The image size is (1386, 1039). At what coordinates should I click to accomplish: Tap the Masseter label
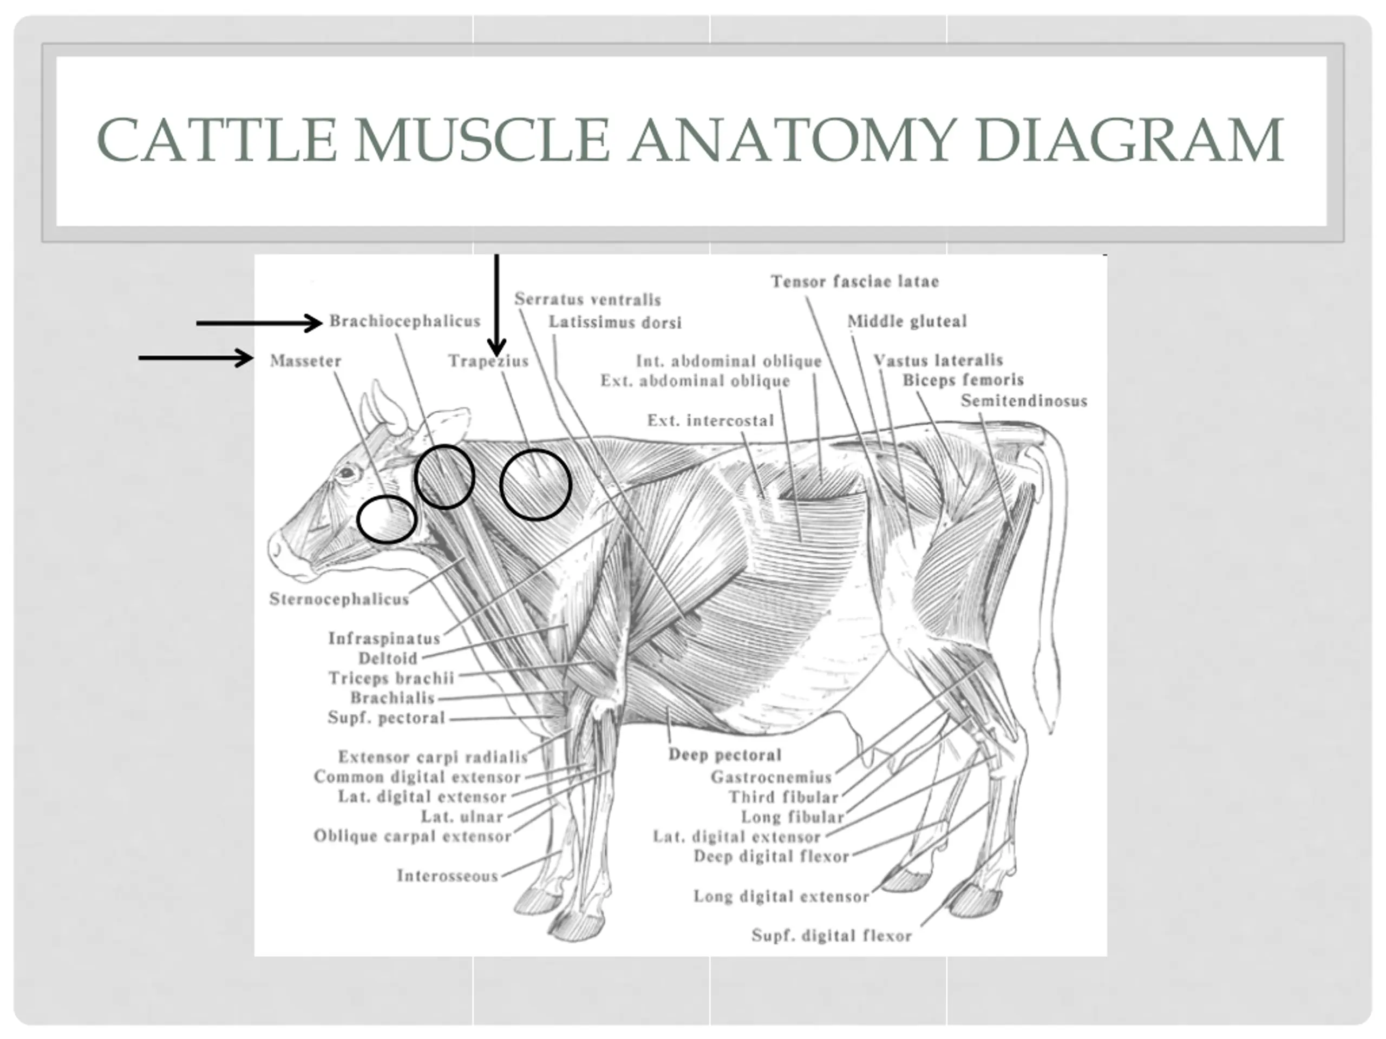[306, 361]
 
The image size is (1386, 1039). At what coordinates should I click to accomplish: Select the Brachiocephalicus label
[405, 321]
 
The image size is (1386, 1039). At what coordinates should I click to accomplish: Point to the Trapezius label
[488, 361]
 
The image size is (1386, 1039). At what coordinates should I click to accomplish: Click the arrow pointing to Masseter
[195, 358]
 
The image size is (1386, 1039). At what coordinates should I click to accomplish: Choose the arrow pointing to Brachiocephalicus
[258, 323]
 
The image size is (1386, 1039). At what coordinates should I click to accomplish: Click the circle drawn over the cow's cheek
[387, 519]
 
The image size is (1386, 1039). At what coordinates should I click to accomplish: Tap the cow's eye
[345, 474]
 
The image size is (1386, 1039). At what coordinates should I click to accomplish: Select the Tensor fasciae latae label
[855, 282]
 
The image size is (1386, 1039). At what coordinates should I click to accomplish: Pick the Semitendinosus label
[1024, 401]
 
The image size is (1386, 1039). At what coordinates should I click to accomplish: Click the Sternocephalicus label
[339, 600]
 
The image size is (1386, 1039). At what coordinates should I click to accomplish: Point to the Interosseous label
[447, 876]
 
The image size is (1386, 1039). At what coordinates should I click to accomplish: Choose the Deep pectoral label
[725, 755]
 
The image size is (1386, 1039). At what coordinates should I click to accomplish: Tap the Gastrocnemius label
[771, 777]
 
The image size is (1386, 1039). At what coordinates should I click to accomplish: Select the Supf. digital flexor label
[832, 936]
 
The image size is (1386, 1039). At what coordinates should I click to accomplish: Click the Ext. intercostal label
[710, 420]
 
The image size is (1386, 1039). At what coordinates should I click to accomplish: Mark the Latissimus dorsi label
[614, 323]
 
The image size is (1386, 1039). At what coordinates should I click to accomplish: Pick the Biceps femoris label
[963, 380]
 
